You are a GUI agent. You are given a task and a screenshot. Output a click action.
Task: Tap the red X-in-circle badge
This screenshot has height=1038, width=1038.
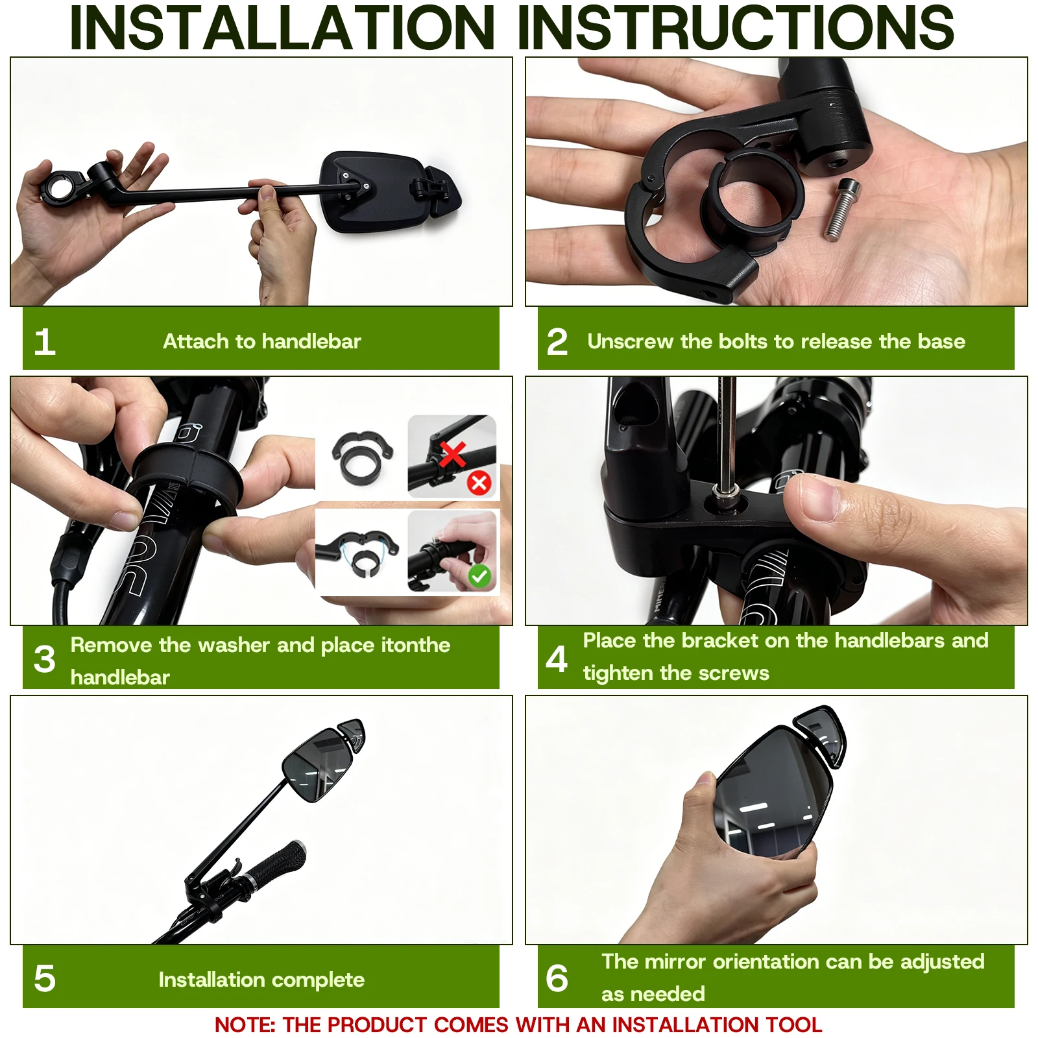[479, 483]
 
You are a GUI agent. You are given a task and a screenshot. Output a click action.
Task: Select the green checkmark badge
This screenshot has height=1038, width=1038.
[479, 575]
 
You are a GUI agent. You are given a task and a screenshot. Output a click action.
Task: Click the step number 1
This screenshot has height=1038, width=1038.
[45, 342]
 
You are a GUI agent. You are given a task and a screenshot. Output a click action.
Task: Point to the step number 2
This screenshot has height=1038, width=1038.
[557, 342]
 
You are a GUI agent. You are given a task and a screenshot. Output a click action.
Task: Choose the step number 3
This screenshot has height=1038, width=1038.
[45, 659]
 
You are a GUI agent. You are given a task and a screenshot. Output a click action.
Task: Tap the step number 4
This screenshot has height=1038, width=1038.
[557, 659]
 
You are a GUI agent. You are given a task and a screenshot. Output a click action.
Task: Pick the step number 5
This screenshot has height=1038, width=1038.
[45, 978]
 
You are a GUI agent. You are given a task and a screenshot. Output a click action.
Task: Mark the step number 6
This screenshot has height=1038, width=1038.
[557, 978]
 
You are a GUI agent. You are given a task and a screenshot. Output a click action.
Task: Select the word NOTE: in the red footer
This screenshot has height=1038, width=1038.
[245, 1025]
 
